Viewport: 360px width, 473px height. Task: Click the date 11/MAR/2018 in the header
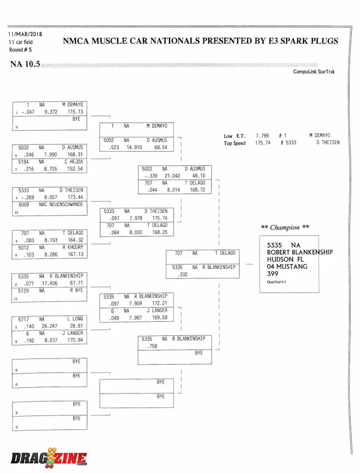25,35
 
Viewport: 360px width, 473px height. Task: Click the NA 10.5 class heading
25,64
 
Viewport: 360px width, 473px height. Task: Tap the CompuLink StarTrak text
313,72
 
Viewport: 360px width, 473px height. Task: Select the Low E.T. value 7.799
262,136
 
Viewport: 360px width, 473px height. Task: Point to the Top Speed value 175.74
263,143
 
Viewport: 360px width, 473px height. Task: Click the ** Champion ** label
285,228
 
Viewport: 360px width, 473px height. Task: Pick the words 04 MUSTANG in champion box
288,266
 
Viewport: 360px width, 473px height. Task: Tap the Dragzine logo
49,458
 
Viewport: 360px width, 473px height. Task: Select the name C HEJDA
73,162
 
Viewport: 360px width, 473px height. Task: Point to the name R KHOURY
73,247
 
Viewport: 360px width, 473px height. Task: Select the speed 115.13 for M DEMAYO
75,112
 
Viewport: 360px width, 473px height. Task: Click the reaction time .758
152,346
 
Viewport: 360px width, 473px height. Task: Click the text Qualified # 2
277,282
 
